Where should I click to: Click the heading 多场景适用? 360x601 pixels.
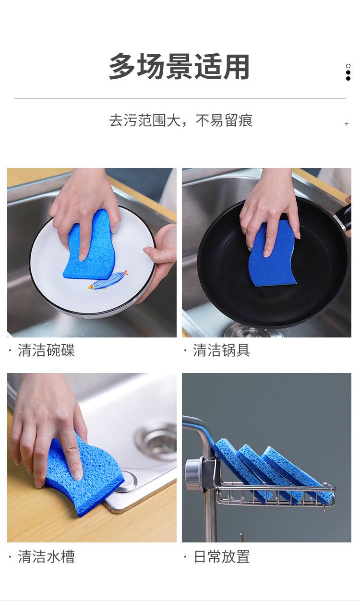[x=179, y=66]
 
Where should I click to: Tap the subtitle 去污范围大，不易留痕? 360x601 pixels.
[x=181, y=120]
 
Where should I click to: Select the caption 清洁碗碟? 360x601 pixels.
[x=46, y=350]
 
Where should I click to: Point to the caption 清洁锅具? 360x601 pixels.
[x=221, y=350]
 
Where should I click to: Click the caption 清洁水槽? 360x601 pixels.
[x=46, y=556]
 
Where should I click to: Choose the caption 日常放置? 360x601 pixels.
[x=222, y=556]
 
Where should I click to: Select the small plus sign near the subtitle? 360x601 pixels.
[x=347, y=124]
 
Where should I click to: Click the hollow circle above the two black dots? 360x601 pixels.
[x=348, y=66]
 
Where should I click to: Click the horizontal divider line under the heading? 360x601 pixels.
[x=180, y=99]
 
